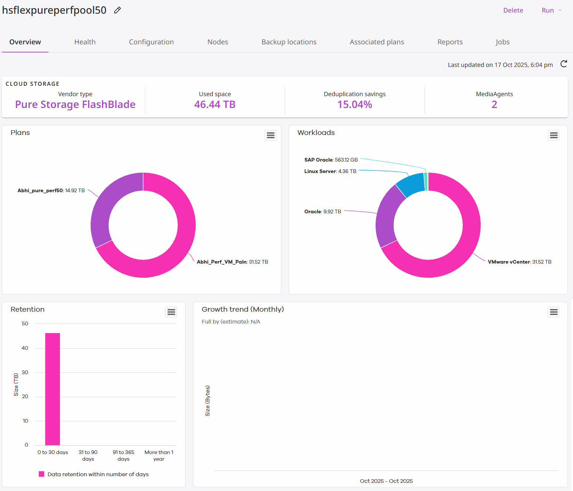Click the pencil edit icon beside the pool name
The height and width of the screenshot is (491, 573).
[117, 10]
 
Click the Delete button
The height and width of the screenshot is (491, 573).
[513, 10]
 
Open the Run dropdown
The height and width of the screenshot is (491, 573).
[551, 10]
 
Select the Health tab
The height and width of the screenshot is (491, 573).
[85, 42]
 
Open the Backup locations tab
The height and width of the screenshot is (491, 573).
[289, 42]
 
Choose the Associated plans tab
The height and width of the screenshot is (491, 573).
[377, 42]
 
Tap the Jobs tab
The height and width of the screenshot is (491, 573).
[502, 42]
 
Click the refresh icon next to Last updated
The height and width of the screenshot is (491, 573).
[563, 64]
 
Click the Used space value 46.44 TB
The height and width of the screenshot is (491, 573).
[215, 105]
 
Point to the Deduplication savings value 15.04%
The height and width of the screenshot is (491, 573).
[355, 105]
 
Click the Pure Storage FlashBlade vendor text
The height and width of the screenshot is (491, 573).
[75, 105]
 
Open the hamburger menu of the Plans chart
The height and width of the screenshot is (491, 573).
[271, 135]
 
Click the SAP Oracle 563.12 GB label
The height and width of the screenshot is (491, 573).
[331, 160]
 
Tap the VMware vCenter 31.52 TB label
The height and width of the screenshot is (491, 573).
[519, 262]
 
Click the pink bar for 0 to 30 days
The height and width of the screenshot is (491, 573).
[52, 388]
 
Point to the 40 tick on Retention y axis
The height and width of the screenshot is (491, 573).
[25, 348]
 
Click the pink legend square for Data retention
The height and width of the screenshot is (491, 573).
[41, 474]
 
